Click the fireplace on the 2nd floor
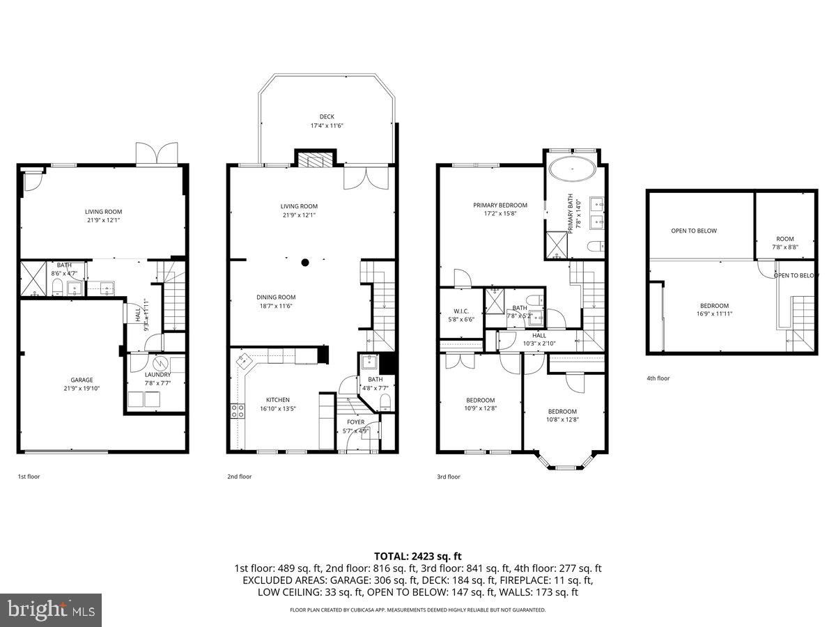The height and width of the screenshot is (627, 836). click(316, 160)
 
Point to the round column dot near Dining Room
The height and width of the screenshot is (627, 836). click(305, 263)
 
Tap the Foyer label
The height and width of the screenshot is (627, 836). click(355, 426)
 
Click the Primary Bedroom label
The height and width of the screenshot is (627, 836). click(500, 210)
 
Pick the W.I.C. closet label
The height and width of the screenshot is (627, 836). click(459, 316)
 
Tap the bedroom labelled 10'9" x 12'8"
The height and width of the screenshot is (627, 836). click(480, 404)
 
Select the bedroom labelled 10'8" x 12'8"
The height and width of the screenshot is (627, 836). click(562, 415)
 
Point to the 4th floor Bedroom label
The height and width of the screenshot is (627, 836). click(714, 309)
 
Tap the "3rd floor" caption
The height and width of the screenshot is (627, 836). click(449, 477)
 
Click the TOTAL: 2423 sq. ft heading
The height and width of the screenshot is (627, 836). click(418, 556)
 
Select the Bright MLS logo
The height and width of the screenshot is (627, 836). click(52, 610)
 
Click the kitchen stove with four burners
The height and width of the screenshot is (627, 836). click(236, 411)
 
